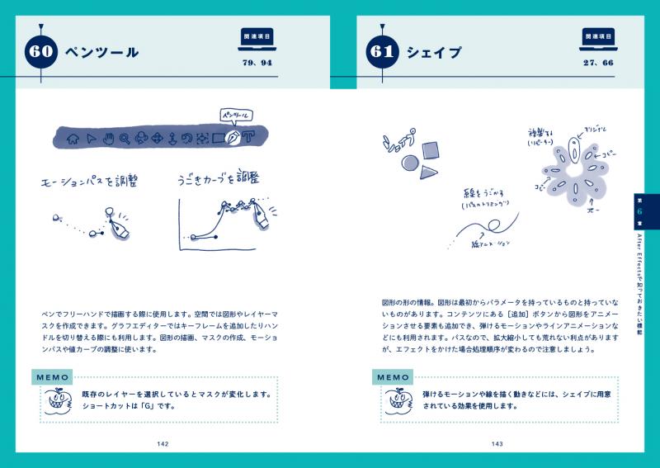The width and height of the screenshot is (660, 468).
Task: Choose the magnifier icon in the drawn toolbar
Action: pyautogui.click(x=124, y=138)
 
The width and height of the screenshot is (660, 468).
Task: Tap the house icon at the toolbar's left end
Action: pyautogui.click(x=73, y=138)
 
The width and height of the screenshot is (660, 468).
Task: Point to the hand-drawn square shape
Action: pyautogui.click(x=430, y=150)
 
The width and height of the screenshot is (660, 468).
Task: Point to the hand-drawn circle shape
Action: pyautogui.click(x=408, y=163)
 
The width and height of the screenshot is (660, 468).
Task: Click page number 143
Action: pyautogui.click(x=497, y=444)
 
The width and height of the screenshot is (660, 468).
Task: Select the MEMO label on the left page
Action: pyautogui.click(x=54, y=377)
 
